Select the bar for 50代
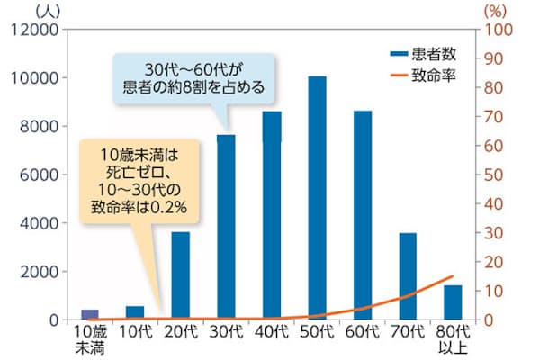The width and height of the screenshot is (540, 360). (x=317, y=198)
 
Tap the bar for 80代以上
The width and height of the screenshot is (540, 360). (x=453, y=302)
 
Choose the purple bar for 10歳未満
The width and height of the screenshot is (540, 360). (x=90, y=314)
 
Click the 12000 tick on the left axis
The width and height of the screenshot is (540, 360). (x=37, y=30)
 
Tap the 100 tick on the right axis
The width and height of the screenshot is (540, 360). (x=499, y=30)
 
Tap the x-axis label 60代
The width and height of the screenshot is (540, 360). (x=362, y=332)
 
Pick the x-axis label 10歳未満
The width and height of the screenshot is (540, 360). (x=90, y=339)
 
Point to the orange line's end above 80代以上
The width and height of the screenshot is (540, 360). (x=453, y=276)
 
